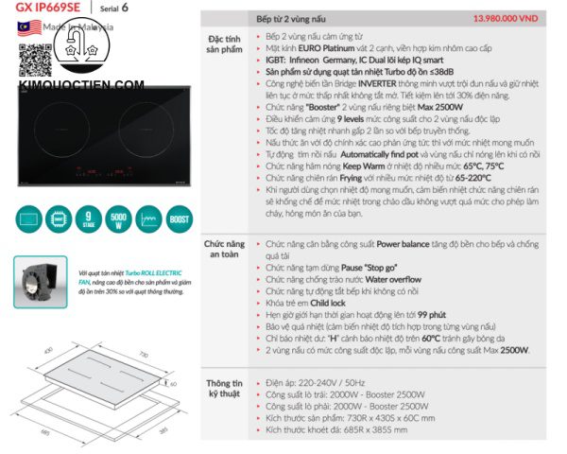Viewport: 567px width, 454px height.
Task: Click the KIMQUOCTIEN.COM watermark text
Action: tap(81, 85)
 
